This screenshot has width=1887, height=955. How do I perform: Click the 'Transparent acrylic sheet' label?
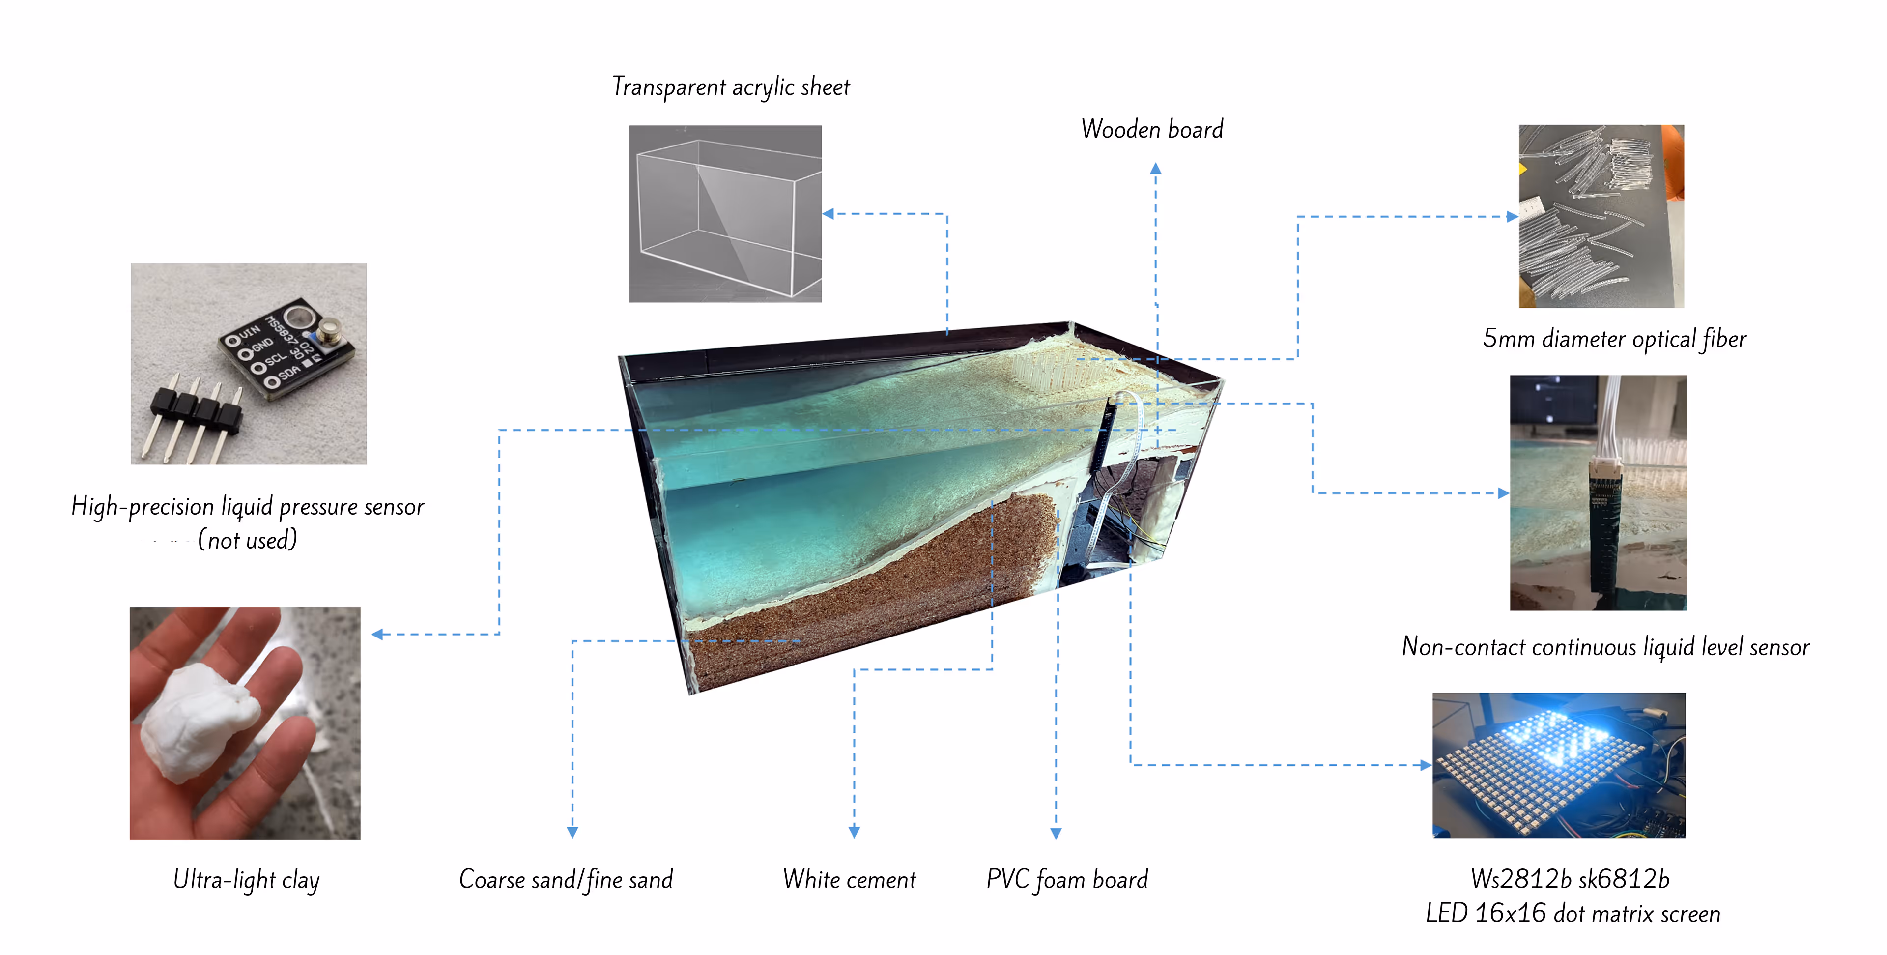pyautogui.click(x=730, y=87)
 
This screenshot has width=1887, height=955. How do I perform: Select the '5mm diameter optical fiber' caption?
pyautogui.click(x=1614, y=339)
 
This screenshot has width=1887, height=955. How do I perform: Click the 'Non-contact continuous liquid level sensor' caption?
pyautogui.click(x=1605, y=646)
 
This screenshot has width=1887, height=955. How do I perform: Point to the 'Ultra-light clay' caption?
pyautogui.click(x=246, y=879)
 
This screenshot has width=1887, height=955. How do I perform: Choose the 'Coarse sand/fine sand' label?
pyautogui.click(x=566, y=879)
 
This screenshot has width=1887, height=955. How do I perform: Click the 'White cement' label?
pyautogui.click(x=849, y=879)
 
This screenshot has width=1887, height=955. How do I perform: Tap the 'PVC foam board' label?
pyautogui.click(x=1066, y=879)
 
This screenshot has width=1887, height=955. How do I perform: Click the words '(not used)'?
pyautogui.click(x=248, y=540)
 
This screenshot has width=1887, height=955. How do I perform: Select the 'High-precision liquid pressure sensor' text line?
pyautogui.click(x=248, y=506)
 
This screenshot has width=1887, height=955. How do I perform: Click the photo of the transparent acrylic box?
pyautogui.click(x=725, y=213)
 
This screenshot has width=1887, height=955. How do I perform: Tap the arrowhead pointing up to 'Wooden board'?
pyautogui.click(x=1155, y=169)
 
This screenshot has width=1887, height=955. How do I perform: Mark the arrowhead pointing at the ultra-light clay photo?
pyautogui.click(x=377, y=634)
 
